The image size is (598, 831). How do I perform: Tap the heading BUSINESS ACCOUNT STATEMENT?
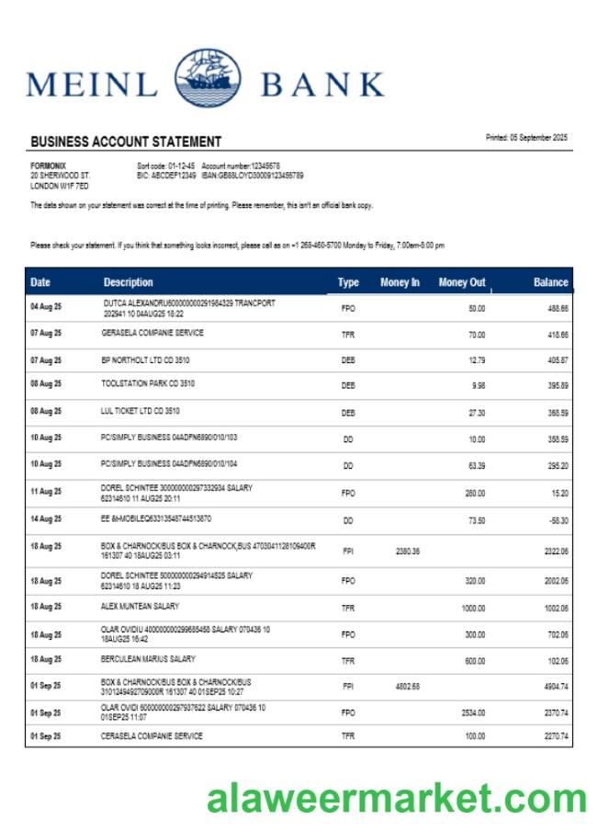pyautogui.click(x=126, y=142)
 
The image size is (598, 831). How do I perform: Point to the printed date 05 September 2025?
pyautogui.click(x=526, y=138)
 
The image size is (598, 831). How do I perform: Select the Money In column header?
pyautogui.click(x=400, y=282)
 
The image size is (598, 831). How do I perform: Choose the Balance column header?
pyautogui.click(x=551, y=282)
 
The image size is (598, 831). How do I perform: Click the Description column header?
pyautogui.click(x=129, y=282)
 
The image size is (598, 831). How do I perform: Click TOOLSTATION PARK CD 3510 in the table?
pyautogui.click(x=148, y=383)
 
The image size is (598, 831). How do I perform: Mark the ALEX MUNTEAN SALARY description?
pyautogui.click(x=140, y=607)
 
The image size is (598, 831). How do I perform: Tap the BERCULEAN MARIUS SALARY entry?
pyautogui.click(x=148, y=659)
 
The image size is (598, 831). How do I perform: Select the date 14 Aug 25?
pyautogui.click(x=46, y=519)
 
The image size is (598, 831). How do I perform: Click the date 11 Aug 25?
pyautogui.click(x=46, y=493)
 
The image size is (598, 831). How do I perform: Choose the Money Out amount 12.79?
pyautogui.click(x=476, y=361)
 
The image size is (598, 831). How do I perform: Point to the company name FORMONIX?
pyautogui.click(x=49, y=165)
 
